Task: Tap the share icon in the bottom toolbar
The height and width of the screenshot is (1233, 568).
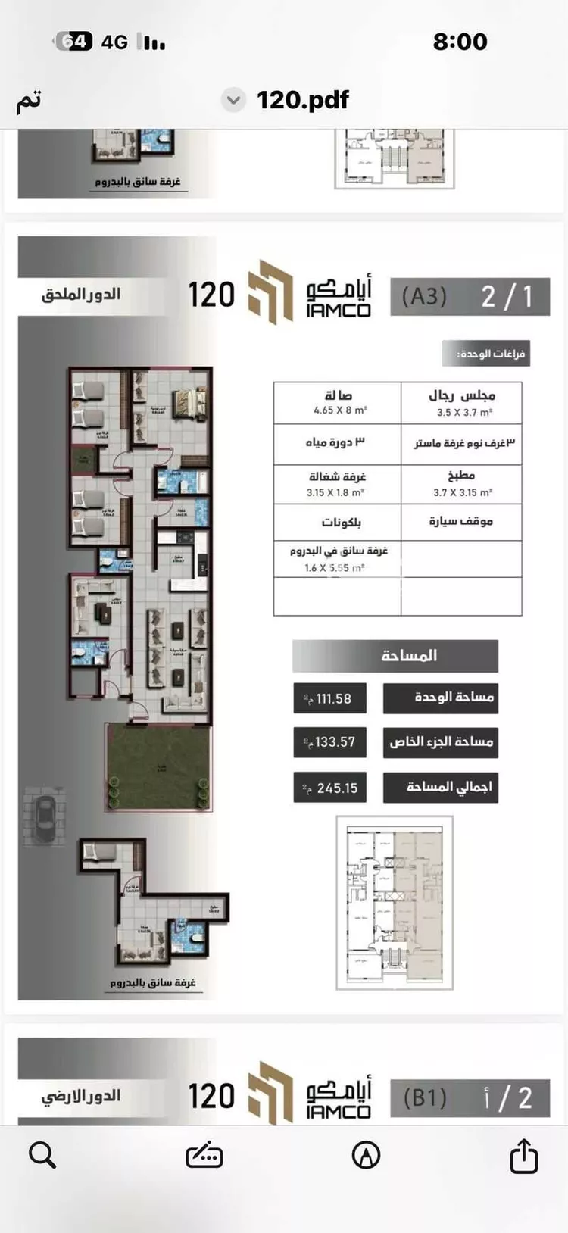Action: [523, 1155]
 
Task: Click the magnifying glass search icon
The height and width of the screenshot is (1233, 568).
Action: [42, 1155]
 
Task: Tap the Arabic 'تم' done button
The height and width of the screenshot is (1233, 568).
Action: [29, 101]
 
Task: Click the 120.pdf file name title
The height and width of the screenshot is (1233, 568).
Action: [303, 100]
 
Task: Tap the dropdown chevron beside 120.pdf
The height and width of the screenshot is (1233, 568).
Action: [234, 100]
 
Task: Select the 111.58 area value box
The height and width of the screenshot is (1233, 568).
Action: [330, 698]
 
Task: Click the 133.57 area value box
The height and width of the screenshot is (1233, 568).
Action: [330, 742]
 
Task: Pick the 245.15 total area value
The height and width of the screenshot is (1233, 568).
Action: [330, 788]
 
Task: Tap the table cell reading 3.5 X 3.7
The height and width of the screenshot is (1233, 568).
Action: [462, 404]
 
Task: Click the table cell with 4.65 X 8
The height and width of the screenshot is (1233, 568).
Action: [338, 402]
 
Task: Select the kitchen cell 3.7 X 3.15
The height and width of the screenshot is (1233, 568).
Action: [462, 484]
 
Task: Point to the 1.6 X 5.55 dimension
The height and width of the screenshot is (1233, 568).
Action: [336, 567]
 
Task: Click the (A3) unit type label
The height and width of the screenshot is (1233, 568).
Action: [424, 296]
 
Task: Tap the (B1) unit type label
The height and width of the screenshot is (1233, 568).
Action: [425, 1097]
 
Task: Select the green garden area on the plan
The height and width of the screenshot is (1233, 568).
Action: [159, 766]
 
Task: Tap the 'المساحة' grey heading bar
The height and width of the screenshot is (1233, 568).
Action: [395, 656]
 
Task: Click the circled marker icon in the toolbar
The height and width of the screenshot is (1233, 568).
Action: [367, 1155]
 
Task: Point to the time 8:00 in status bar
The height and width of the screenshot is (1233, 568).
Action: [460, 42]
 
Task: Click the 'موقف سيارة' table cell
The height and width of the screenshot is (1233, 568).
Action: [462, 521]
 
